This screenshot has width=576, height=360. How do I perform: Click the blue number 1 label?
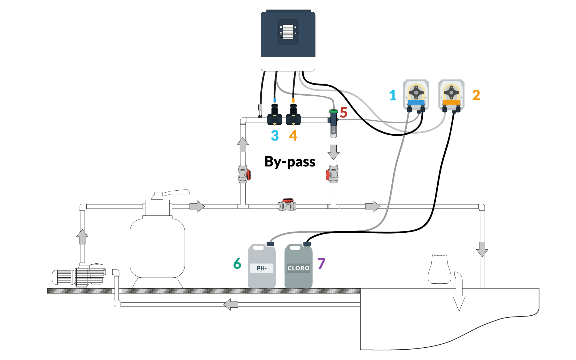pos(393,95)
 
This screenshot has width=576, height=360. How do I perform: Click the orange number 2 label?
pos(476,95)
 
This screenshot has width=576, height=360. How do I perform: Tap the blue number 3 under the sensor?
pos(275,136)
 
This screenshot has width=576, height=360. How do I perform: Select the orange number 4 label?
pos(293,136)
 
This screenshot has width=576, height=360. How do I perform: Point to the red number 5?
pos(344,113)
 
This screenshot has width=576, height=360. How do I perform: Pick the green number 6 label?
pos(237,264)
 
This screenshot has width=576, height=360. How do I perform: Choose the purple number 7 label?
pos(321,264)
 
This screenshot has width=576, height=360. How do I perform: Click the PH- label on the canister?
pos(262,268)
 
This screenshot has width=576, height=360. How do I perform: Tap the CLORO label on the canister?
pos(298,268)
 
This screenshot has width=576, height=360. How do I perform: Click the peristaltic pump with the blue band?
pos(416,95)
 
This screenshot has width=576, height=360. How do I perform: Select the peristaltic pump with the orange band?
pos(451,95)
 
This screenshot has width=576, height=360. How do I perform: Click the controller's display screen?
pos(288,32)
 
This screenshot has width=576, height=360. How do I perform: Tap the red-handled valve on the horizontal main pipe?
pos(287,205)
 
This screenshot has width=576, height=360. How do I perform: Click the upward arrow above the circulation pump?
pos(82,237)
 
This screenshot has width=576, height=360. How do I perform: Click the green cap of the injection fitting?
pos(334,111)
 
